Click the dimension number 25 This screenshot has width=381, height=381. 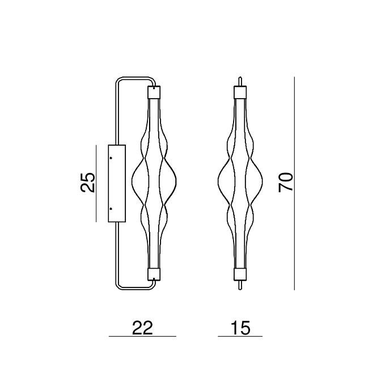pos(88,182)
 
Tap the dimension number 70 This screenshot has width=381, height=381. pos(286,183)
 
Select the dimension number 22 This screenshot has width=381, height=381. pos(142,328)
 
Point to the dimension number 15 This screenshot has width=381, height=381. pos(240,328)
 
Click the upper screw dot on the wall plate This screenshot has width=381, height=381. pos(111,158)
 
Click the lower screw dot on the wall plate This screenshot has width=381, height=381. pos(111,209)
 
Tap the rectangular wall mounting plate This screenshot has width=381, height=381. pos(117,184)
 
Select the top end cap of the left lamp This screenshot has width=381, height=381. pos(154,91)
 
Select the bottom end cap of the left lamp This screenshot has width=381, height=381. pos(154,274)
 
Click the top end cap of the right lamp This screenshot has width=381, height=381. pos(240,92)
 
